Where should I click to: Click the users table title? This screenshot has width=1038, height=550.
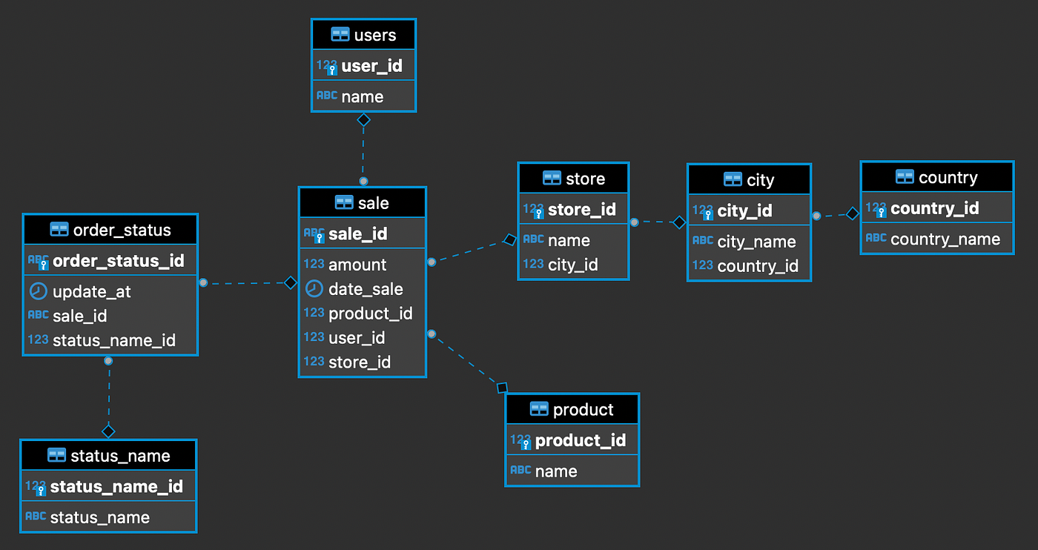374,35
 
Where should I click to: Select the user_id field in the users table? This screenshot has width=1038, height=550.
371,66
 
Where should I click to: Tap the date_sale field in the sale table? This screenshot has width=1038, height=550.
366,289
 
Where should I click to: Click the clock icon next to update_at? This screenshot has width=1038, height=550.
38,291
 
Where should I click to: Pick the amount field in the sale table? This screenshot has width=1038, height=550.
357,265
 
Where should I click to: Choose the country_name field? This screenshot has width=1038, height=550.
945,239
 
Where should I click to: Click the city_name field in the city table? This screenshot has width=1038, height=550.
756,242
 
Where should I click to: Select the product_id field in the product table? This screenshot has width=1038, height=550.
581,440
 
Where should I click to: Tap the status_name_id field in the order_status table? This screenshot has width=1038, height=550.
114,340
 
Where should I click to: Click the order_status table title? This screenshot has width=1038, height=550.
122,230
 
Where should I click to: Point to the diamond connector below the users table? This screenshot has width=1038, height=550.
363,119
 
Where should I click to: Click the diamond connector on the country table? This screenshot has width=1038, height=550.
853,213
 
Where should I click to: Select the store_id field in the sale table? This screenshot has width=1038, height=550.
359,362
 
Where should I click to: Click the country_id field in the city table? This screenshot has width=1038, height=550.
758,266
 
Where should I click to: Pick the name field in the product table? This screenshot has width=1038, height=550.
556,471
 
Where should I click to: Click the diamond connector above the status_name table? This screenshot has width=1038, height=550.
109,431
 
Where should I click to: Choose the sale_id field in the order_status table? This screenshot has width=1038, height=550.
80,316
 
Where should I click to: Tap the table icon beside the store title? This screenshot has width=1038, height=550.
552,179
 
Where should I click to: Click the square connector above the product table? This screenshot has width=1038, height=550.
502,387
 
